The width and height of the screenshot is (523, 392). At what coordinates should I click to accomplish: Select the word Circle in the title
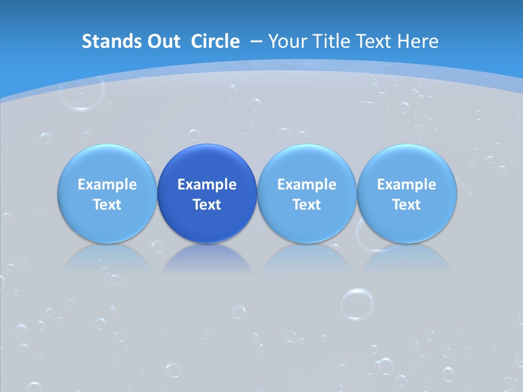pos(215,41)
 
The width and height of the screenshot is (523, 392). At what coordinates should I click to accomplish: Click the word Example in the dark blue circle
pos(207,185)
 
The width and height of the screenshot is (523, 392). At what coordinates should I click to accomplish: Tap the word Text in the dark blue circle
pos(207,205)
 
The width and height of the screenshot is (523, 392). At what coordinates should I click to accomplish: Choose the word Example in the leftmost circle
pos(107,185)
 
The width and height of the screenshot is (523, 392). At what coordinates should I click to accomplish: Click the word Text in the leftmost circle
pos(107,205)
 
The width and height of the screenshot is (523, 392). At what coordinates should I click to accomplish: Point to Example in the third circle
pos(307,185)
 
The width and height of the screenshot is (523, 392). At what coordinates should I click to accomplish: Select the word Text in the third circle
pos(307,205)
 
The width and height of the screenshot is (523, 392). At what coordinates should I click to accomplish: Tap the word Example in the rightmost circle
pos(406,185)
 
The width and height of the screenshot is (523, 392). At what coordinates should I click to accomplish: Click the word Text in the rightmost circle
pos(406,205)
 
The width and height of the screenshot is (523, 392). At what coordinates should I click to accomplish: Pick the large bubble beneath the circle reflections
pos(357,304)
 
